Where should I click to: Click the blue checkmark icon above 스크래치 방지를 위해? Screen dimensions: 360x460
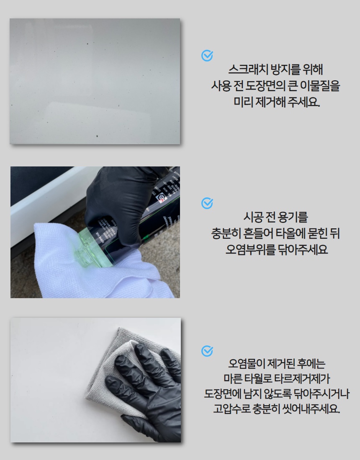pos(207,56)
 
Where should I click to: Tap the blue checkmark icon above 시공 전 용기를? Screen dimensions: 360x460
pos(207,203)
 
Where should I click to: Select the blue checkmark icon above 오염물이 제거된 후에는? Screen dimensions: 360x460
pos(207,350)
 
